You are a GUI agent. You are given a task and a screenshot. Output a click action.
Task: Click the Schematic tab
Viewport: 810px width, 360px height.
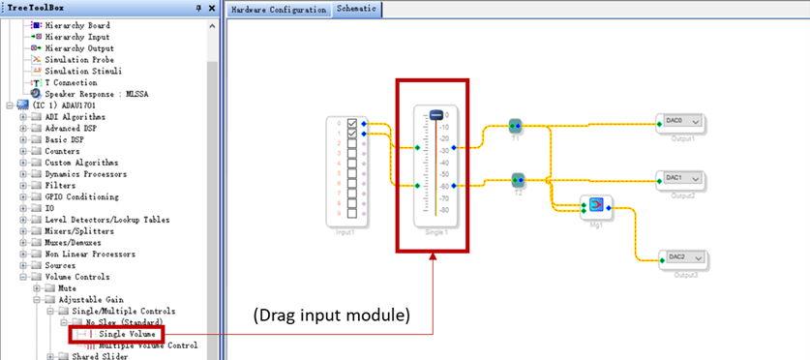coord(356,9)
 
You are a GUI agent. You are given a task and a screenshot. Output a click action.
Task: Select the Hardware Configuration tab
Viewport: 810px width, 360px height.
coord(279,9)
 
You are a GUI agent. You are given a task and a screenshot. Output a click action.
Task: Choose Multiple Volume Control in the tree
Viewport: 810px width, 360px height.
coord(148,345)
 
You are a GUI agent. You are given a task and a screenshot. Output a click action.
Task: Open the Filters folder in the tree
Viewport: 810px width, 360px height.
coord(60,185)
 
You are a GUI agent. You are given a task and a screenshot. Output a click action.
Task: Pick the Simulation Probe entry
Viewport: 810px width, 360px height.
coord(78,59)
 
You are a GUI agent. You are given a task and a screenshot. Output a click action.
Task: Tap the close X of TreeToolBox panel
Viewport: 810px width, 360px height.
coord(211,8)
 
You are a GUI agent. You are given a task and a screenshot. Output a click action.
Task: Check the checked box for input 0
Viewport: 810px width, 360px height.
coord(352,123)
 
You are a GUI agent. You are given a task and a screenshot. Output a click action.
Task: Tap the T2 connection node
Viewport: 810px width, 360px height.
coord(517,179)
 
